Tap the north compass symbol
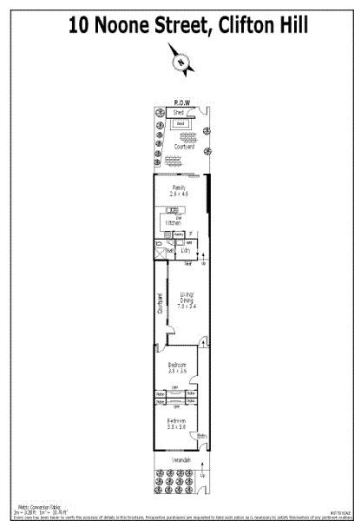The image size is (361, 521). click(180, 60)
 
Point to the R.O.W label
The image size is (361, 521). click(181, 101)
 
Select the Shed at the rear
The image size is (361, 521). click(179, 113)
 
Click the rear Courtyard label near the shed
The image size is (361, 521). click(183, 147)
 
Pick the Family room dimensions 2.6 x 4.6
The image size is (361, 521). click(180, 192)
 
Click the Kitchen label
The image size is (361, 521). click(174, 224)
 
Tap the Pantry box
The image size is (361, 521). click(177, 234)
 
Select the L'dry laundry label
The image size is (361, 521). click(185, 250)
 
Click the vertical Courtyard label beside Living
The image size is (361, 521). click(160, 303)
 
